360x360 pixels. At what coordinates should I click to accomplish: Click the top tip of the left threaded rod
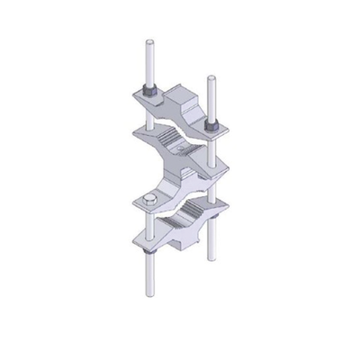pyautogui.click(x=147, y=41)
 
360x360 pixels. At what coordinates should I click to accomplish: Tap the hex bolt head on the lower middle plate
pyautogui.click(x=148, y=199)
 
